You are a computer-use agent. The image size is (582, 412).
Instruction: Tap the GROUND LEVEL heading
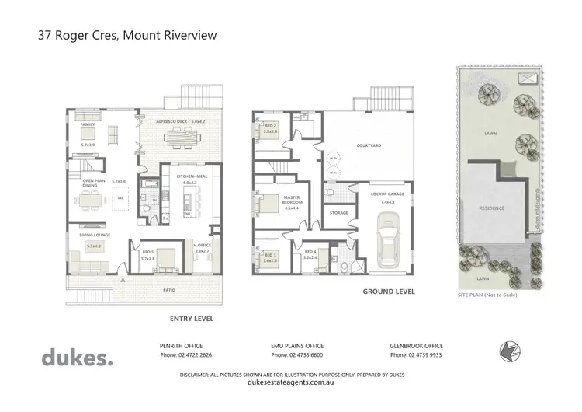389,292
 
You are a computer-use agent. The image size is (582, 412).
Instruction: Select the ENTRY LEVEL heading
192,319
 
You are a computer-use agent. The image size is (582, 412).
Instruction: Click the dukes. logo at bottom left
76,358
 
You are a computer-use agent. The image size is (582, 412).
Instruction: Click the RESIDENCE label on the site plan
492,208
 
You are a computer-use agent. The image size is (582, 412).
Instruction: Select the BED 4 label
310,251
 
